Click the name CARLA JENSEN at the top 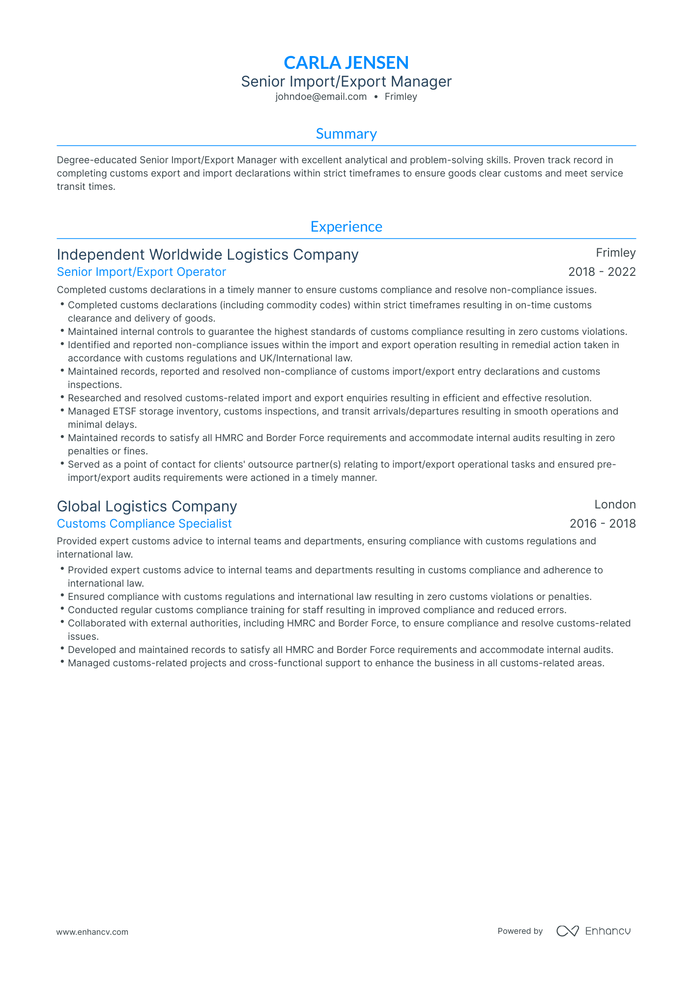click(x=346, y=62)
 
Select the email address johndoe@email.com click(x=321, y=97)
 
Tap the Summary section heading click(x=346, y=134)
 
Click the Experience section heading click(x=346, y=227)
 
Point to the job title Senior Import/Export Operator click(x=142, y=272)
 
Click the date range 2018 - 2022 click(x=602, y=272)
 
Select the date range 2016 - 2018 click(x=602, y=524)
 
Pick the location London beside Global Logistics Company click(x=615, y=505)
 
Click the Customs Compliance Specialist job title click(x=144, y=524)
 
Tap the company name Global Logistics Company click(x=147, y=506)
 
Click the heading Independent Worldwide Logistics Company click(x=207, y=255)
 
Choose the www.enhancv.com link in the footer click(x=92, y=932)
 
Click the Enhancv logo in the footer click(x=594, y=931)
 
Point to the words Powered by click(x=520, y=931)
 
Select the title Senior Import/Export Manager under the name click(x=346, y=82)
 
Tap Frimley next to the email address click(x=401, y=97)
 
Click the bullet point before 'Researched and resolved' click(x=62, y=397)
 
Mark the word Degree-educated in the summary click(x=97, y=160)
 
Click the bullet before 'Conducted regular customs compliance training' click(x=62, y=609)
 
